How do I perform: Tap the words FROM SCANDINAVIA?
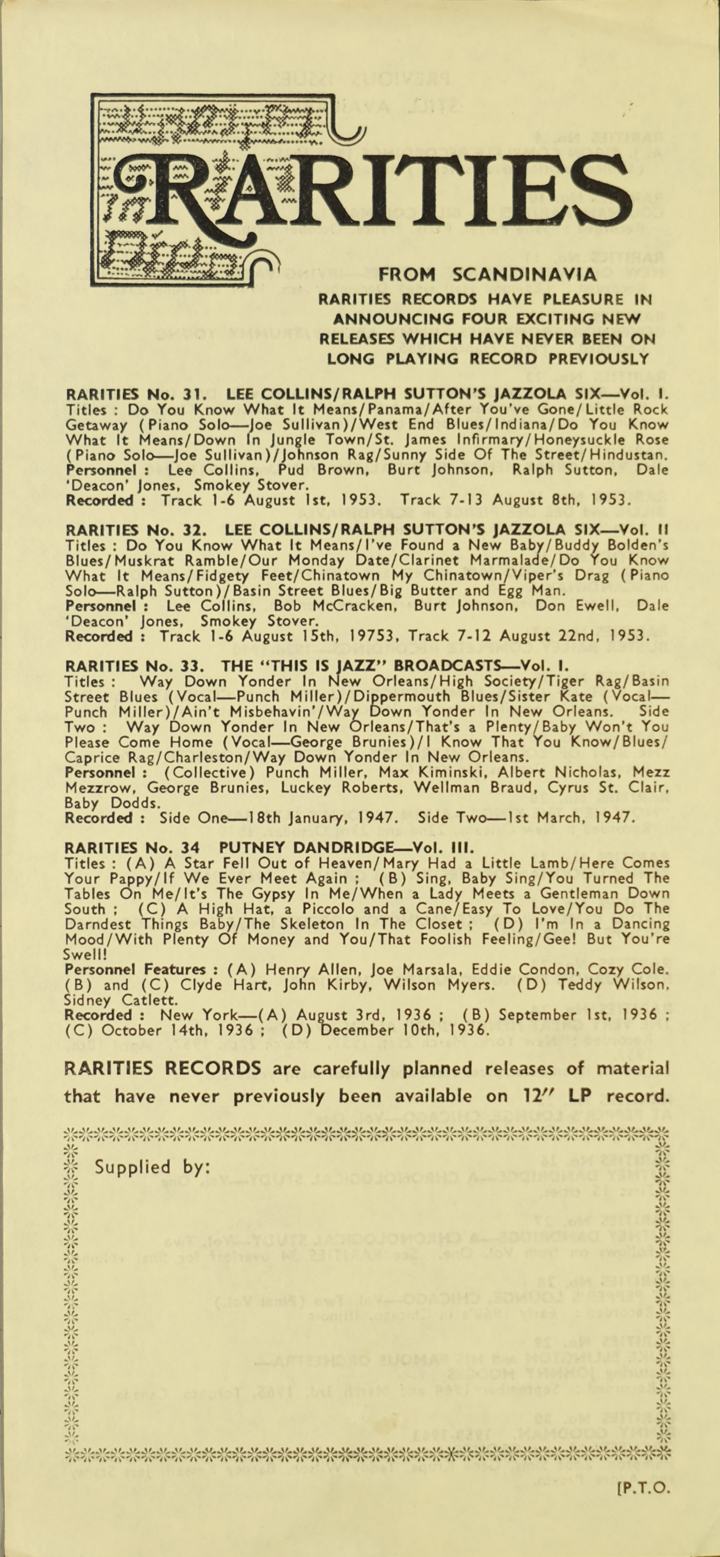click(x=487, y=276)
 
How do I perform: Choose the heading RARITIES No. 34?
click(x=134, y=846)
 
